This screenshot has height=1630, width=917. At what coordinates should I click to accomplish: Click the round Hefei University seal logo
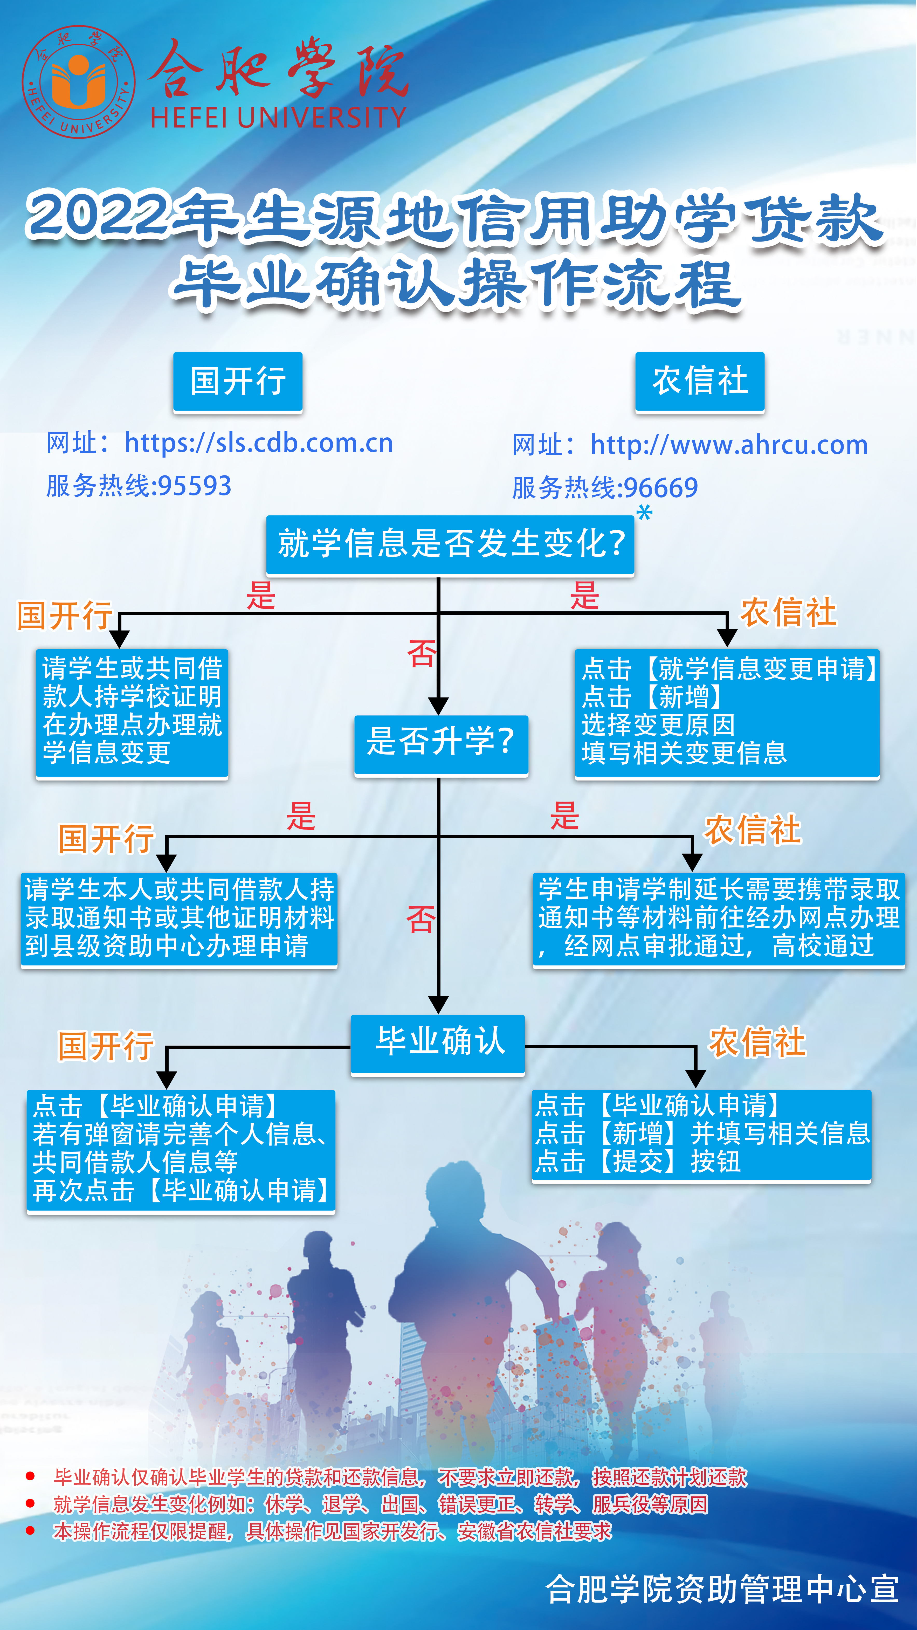[79, 81]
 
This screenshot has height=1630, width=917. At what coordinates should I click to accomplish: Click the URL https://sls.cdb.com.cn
[259, 443]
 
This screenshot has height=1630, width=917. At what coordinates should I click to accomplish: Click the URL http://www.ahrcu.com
[729, 445]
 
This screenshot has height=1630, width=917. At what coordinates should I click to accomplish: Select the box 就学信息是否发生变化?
[450, 544]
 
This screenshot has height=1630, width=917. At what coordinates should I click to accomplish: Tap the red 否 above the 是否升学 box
[422, 654]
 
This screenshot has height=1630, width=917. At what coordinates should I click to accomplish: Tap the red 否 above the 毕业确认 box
[421, 920]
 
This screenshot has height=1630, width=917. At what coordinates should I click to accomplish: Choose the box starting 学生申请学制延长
[719, 919]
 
